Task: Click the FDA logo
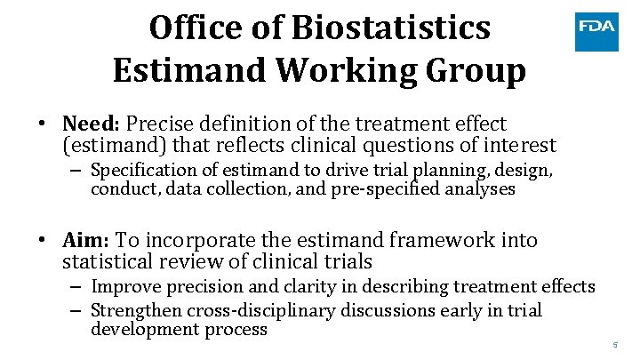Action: click(x=596, y=28)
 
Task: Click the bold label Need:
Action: click(x=92, y=124)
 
